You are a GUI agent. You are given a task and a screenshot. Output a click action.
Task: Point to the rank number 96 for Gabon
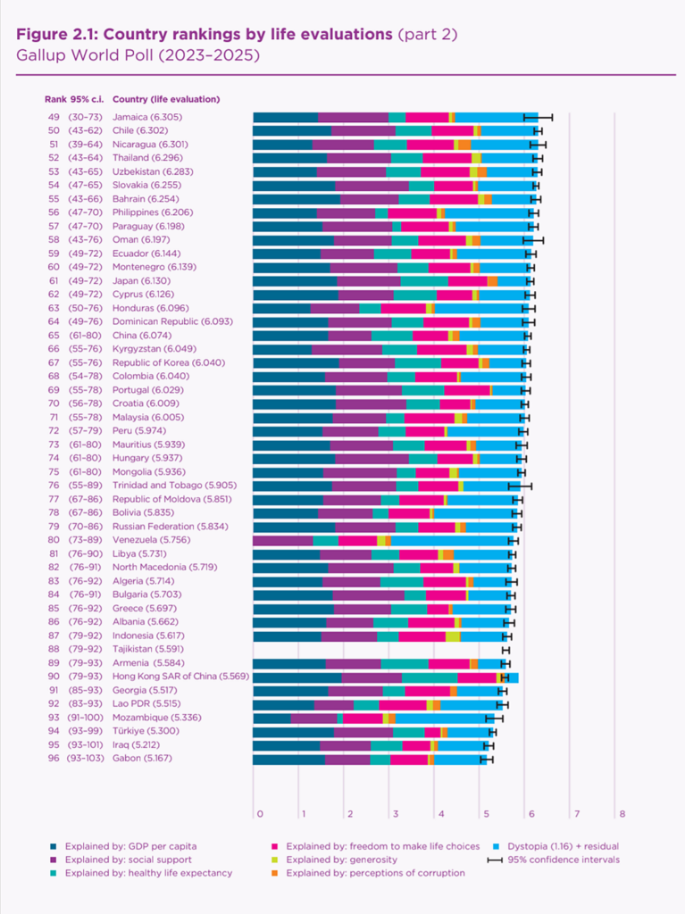pyautogui.click(x=54, y=758)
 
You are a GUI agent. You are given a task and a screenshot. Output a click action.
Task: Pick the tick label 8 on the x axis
pyautogui.click(x=621, y=814)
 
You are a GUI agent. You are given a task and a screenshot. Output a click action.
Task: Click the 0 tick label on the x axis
pyautogui.click(x=259, y=814)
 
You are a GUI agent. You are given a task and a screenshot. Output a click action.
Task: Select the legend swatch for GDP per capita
pyautogui.click(x=55, y=846)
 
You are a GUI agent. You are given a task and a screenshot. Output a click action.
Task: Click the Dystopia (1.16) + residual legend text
pyautogui.click(x=563, y=846)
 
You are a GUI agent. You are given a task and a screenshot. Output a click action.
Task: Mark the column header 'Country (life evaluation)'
pyautogui.click(x=167, y=99)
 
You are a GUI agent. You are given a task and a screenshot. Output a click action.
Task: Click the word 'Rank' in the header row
pyautogui.click(x=54, y=99)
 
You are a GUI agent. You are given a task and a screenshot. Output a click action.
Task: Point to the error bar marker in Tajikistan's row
pyautogui.click(x=505, y=649)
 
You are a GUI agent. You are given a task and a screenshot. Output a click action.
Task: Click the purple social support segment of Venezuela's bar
pyautogui.click(x=283, y=540)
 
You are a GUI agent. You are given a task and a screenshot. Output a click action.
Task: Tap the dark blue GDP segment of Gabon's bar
pyautogui.click(x=288, y=759)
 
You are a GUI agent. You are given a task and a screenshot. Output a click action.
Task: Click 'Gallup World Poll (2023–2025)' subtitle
pyautogui.click(x=138, y=54)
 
